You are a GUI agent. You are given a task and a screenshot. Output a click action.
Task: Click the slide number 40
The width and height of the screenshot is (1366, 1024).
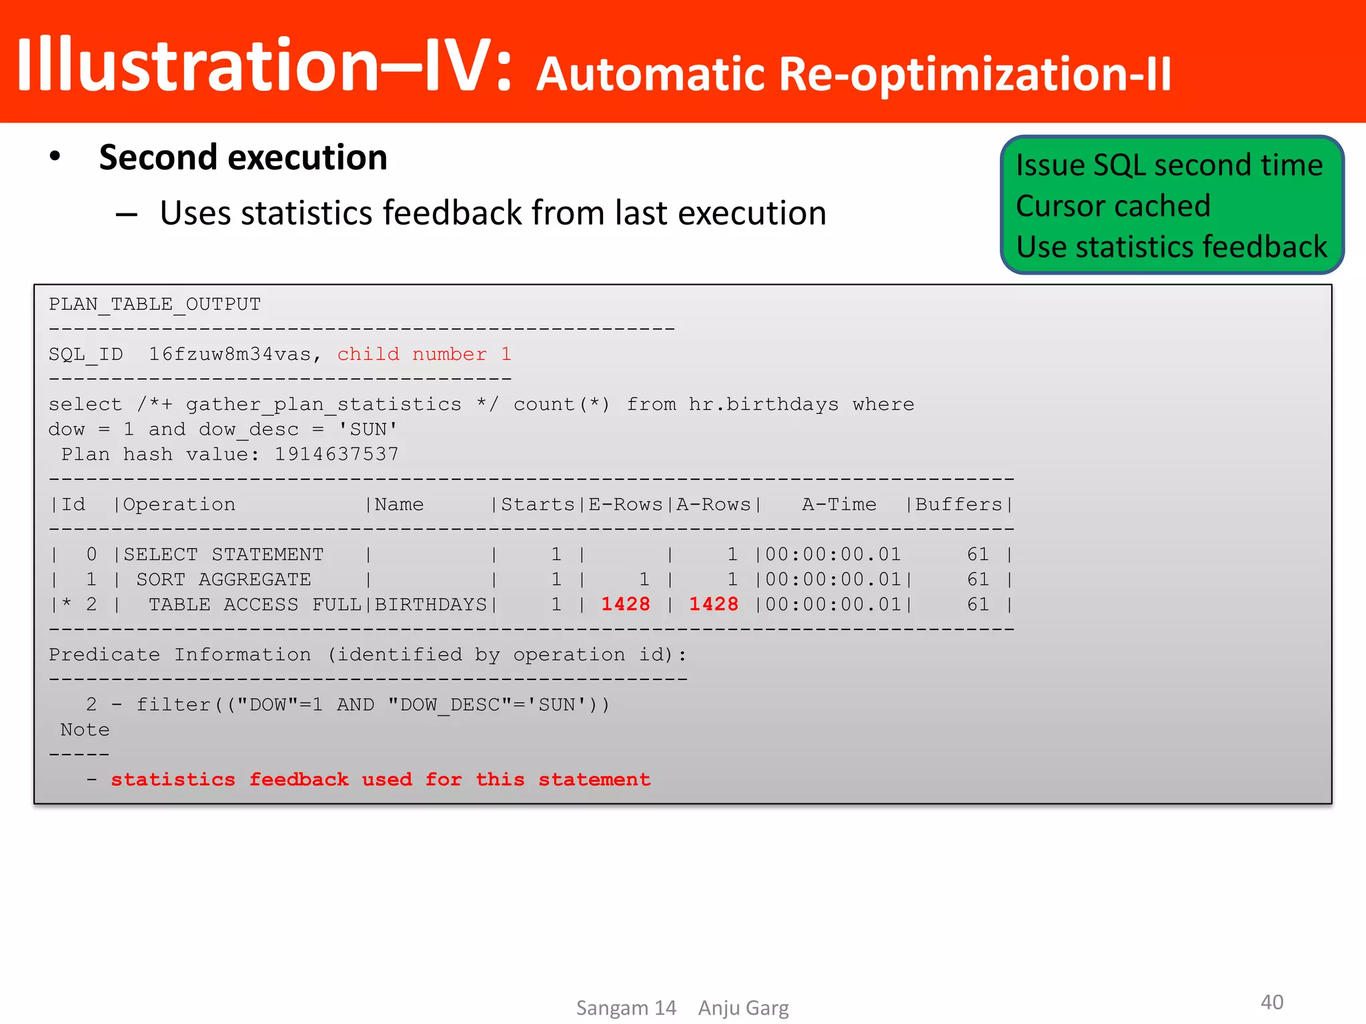pyautogui.click(x=1271, y=1001)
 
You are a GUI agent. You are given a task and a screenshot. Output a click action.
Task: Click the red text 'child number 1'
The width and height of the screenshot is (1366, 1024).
pyautogui.click(x=424, y=354)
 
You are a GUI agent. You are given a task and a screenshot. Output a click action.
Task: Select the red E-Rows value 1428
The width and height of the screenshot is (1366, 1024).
pyautogui.click(x=626, y=604)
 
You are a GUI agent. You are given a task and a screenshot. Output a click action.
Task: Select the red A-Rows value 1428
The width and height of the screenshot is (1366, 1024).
pyautogui.click(x=713, y=604)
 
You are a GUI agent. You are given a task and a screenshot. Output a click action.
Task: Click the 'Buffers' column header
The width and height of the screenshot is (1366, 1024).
pyautogui.click(x=958, y=505)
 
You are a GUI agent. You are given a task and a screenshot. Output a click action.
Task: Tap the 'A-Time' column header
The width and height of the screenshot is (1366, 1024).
pyautogui.click(x=839, y=505)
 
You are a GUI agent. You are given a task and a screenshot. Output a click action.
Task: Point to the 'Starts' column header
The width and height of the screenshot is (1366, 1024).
pyautogui.click(x=538, y=505)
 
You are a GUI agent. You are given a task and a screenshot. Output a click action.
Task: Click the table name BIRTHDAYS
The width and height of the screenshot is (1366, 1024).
pyautogui.click(x=431, y=604)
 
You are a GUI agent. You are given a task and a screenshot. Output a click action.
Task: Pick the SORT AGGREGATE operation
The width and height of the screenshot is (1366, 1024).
pyautogui.click(x=223, y=579)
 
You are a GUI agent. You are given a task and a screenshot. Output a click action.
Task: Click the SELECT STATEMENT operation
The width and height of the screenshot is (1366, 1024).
pyautogui.click(x=223, y=554)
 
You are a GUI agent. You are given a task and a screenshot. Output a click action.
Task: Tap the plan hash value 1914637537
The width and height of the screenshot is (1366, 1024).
pyautogui.click(x=336, y=455)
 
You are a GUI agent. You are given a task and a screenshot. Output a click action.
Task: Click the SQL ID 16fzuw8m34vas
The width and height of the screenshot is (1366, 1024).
pyautogui.click(x=229, y=354)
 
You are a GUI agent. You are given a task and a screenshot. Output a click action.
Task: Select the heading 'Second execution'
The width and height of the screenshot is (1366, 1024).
pyautogui.click(x=243, y=158)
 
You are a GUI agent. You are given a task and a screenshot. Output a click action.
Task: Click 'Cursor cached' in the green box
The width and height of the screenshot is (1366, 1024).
pyautogui.click(x=1113, y=206)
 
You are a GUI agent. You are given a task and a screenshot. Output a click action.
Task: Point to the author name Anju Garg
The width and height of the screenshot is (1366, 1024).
pyautogui.click(x=743, y=1007)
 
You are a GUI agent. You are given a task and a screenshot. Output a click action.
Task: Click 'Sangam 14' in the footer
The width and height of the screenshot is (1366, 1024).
pyautogui.click(x=626, y=1007)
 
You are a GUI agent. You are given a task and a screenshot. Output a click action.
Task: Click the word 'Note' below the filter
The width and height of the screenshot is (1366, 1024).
pyautogui.click(x=85, y=729)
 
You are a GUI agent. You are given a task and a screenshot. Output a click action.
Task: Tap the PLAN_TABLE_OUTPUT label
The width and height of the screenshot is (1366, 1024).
pyautogui.click(x=155, y=304)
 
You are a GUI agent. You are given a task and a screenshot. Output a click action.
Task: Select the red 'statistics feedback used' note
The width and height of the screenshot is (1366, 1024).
pyautogui.click(x=380, y=779)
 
